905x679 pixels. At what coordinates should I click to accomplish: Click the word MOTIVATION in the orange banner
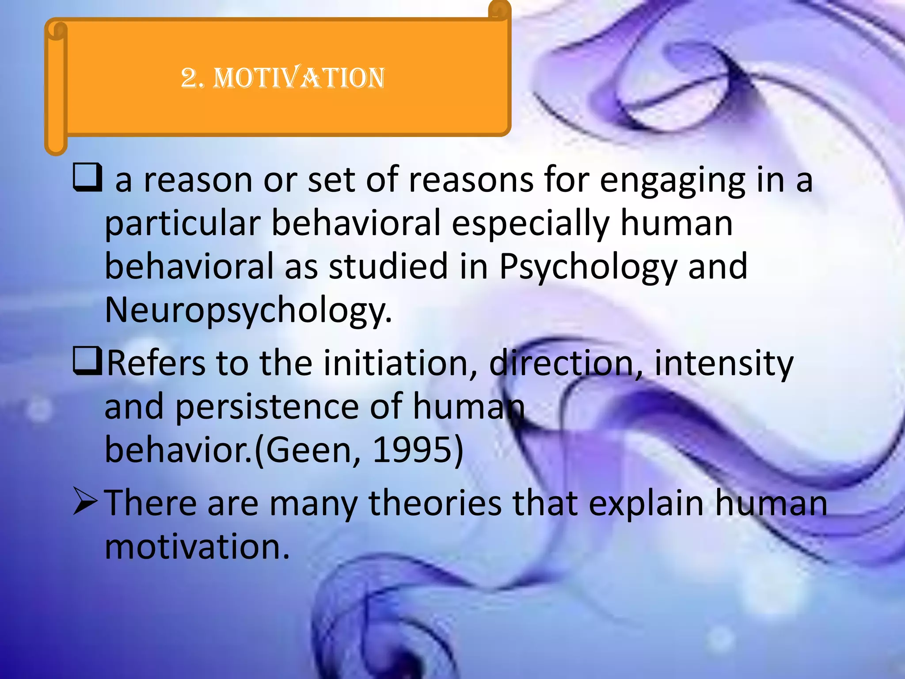tap(299, 78)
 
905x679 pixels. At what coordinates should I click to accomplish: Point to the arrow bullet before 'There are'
tap(86, 502)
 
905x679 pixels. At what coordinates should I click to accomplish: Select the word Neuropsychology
tap(247, 311)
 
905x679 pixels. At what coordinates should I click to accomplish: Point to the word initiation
tap(400, 363)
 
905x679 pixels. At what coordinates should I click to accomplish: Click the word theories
tap(435, 503)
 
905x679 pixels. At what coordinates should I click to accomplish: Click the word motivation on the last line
tap(197, 547)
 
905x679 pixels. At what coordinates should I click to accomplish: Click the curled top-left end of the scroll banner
tap(57, 32)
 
